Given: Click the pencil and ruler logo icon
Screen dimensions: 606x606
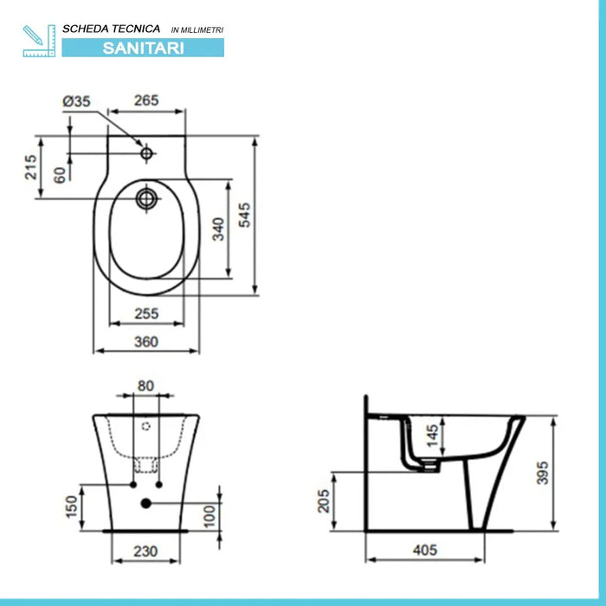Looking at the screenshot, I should coord(38,41).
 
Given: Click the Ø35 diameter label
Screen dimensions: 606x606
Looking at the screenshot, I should coord(76,100).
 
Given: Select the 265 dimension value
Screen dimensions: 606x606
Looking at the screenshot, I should coord(146,100).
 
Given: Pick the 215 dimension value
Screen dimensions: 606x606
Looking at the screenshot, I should coord(30,166).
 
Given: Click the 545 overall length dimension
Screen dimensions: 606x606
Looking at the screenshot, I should coord(245,215).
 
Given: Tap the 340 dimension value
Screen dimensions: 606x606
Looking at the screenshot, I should coord(219,229).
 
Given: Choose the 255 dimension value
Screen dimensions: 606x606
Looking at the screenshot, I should coord(146,314).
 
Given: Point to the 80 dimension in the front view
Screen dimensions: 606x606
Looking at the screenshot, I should coord(145,386).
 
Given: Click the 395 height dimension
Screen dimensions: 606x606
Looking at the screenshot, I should coord(542,472).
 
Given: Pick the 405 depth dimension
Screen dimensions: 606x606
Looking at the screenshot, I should coord(423,549).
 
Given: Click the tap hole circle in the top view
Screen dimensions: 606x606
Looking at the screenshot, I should coord(147,154).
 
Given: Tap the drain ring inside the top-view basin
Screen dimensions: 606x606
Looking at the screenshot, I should coord(147,198).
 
